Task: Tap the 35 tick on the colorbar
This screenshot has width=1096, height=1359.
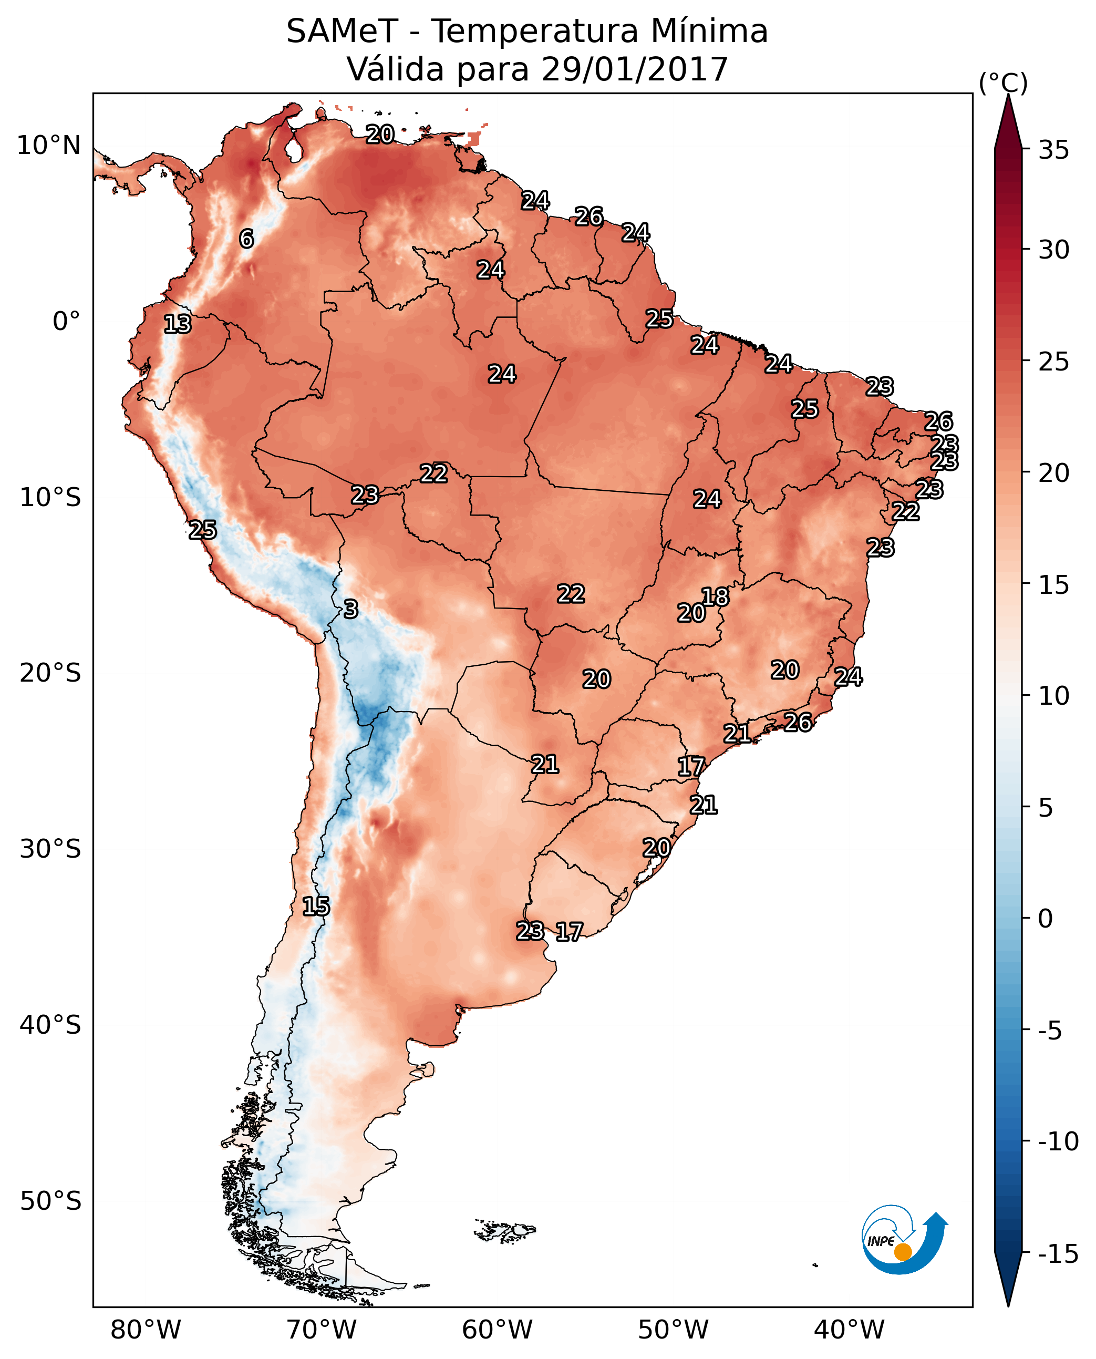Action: (x=1053, y=150)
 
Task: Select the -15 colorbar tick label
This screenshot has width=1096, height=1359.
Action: (x=1058, y=1254)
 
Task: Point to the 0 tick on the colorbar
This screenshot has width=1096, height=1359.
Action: (x=1046, y=919)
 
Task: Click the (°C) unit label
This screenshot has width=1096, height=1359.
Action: (x=1003, y=83)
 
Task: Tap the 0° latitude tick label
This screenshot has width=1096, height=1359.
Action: (x=66, y=322)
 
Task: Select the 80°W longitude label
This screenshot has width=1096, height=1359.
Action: (x=146, y=1330)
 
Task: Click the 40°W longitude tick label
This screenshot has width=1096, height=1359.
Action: (x=849, y=1330)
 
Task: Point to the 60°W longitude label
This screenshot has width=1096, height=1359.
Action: (x=498, y=1330)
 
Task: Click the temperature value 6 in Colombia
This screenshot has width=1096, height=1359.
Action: (x=246, y=239)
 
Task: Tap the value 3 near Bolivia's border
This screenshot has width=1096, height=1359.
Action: (x=351, y=609)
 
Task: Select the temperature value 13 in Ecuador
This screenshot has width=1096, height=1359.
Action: (x=178, y=324)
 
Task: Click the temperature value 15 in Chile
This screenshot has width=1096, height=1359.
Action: (x=316, y=906)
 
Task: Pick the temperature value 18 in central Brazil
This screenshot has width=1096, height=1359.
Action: (x=715, y=596)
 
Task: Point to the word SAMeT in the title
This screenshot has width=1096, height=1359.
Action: (x=342, y=31)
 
